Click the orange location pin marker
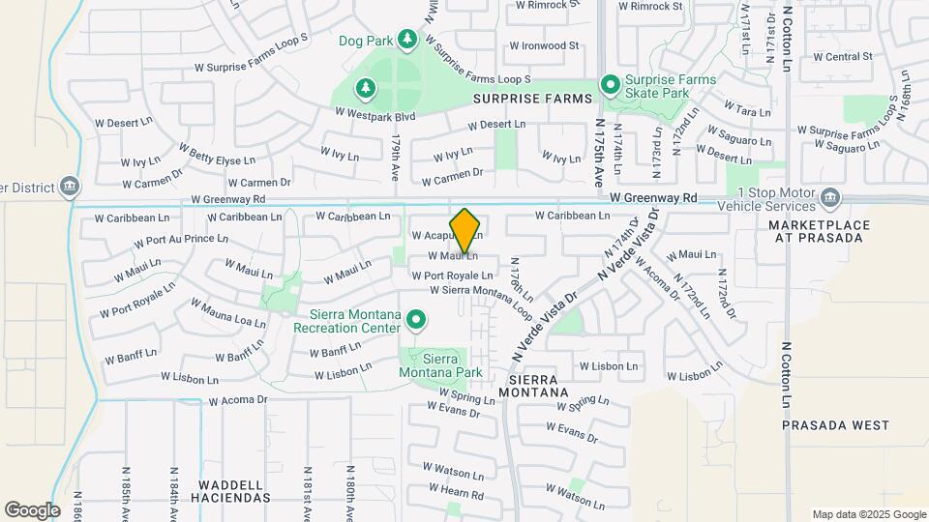point(465,231)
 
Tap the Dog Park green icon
point(407,39)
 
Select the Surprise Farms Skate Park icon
point(611,85)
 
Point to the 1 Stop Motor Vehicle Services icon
point(829,198)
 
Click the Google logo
point(32,509)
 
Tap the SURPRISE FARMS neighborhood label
point(531,99)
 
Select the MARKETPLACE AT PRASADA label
point(820,231)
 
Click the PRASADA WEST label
point(822,425)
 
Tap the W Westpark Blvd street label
point(375,113)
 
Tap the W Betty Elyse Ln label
point(217,153)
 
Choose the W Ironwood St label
point(544,45)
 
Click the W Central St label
point(843,56)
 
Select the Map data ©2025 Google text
point(868,514)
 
